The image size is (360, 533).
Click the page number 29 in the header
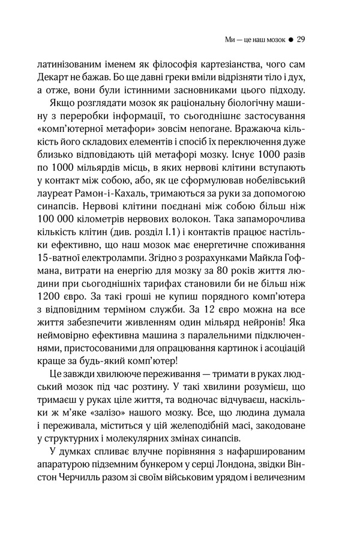[x=302, y=41]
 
